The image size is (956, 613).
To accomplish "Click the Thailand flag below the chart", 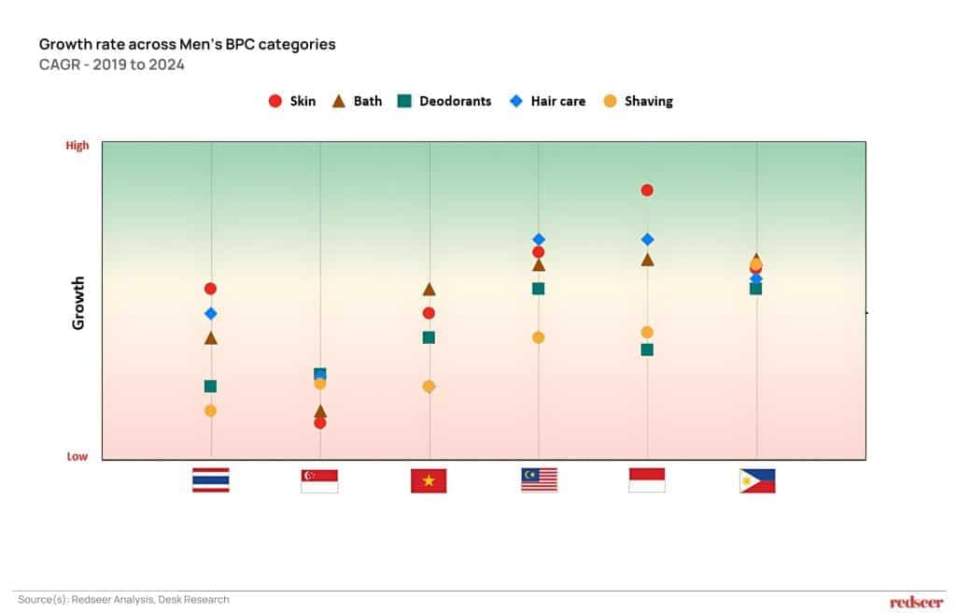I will [x=210, y=479].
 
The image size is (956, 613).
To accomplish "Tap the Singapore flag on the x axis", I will [x=319, y=480].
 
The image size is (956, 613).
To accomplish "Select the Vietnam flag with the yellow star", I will [x=429, y=480].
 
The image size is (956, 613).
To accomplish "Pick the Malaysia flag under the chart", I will [x=539, y=479].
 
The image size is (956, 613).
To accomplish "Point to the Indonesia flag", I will [x=647, y=479].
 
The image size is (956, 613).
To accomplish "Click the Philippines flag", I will [x=757, y=480].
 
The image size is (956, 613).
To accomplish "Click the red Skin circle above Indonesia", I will [x=647, y=191].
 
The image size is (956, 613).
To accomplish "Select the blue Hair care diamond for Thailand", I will [x=211, y=313].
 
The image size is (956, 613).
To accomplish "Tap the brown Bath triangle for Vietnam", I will [x=429, y=289].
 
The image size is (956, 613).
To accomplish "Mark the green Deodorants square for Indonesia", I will [x=647, y=349].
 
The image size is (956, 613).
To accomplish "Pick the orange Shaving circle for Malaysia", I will [x=539, y=337].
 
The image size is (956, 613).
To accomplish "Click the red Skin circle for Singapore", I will [x=320, y=422].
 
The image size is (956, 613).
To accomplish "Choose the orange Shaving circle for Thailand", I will [x=211, y=410].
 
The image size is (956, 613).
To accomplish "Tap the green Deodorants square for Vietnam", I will [x=429, y=337].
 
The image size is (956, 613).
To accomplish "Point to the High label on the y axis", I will [x=77, y=146].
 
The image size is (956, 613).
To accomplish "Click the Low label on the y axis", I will [x=77, y=457].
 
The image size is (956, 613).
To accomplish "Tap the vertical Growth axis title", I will [x=78, y=302].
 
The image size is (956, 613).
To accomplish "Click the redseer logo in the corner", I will [x=916, y=602].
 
